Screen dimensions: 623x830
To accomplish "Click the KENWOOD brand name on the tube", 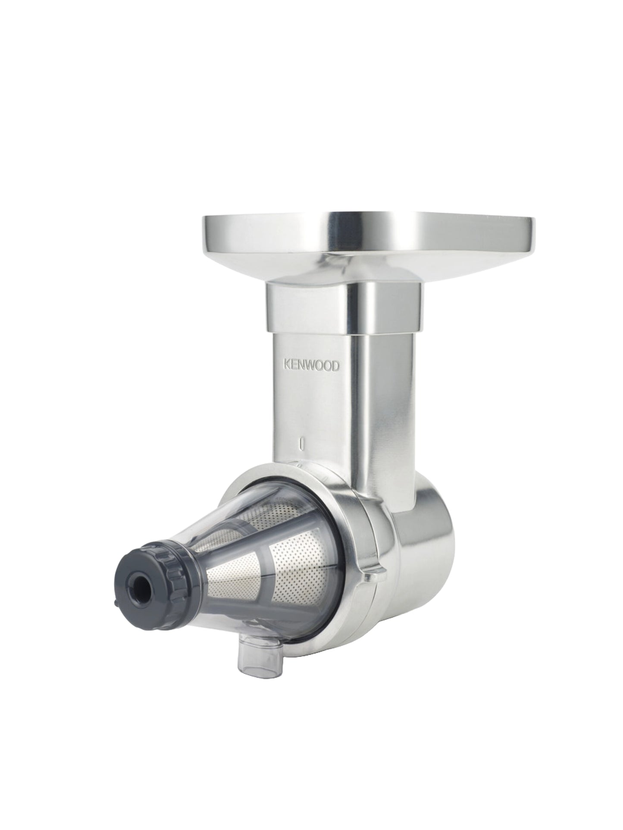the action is point(311,365).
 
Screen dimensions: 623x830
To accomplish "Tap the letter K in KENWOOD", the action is point(286,365).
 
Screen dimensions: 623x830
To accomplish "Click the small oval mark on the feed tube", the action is point(304,444).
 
